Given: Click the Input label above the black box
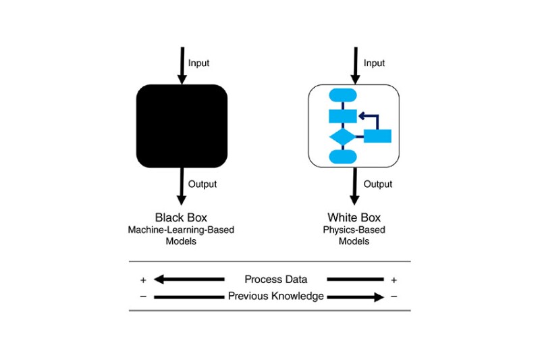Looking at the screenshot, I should click(198, 63).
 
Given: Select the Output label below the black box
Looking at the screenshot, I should click(202, 184).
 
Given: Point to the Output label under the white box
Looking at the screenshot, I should click(378, 184).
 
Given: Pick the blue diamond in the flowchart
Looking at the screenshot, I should click(342, 137).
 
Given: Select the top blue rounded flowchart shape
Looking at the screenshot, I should click(342, 95).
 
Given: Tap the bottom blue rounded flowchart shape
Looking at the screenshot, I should click(342, 157).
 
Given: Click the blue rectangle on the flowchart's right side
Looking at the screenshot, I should click(378, 136).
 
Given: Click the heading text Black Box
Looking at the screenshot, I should click(181, 217).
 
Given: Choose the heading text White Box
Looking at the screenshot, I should click(354, 217).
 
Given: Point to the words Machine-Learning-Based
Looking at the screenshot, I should click(181, 230).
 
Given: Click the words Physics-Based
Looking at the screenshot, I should click(354, 230).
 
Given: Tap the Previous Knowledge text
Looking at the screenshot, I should click(275, 296).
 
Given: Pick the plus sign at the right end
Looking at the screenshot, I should click(394, 280).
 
